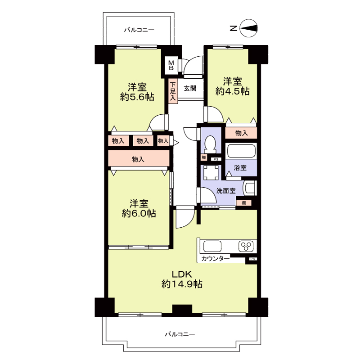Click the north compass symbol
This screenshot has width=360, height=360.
pyautogui.click(x=248, y=28)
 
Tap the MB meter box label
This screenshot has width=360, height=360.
pyautogui.click(x=171, y=65)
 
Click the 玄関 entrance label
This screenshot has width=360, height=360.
pyautogui.click(x=190, y=88)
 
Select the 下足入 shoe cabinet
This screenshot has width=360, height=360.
pyautogui.click(x=173, y=91)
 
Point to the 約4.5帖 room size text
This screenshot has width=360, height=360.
pyautogui.click(x=232, y=91)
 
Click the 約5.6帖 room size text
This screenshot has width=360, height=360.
pyautogui.click(x=137, y=97)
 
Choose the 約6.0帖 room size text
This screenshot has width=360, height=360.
pyautogui.click(x=139, y=213)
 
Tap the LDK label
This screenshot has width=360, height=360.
pyautogui.click(x=182, y=274)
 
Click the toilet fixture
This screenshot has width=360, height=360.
pyautogui.click(x=210, y=144)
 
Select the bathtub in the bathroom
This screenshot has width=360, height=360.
pyautogui.click(x=241, y=151)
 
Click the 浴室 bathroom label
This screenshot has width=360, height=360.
pyautogui.click(x=240, y=168)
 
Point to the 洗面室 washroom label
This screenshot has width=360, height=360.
pyautogui.click(x=226, y=191)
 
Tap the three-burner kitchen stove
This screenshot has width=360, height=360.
pyautogui.click(x=246, y=246)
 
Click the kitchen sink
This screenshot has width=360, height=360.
pyautogui.click(x=212, y=246)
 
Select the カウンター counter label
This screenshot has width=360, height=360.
pyautogui.click(x=216, y=259)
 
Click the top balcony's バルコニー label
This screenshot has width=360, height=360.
pyautogui.click(x=139, y=30)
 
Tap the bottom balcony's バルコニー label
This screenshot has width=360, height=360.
pyautogui.click(x=180, y=334)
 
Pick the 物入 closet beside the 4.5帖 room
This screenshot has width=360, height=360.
pyautogui.click(x=241, y=133)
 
